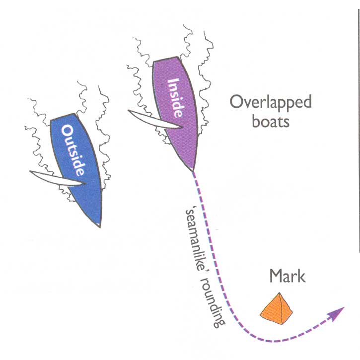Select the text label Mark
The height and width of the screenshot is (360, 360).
coord(288,276)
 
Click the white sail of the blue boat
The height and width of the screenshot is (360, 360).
coord(55,178)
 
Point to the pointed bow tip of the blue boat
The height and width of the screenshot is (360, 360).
coord(101,226)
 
